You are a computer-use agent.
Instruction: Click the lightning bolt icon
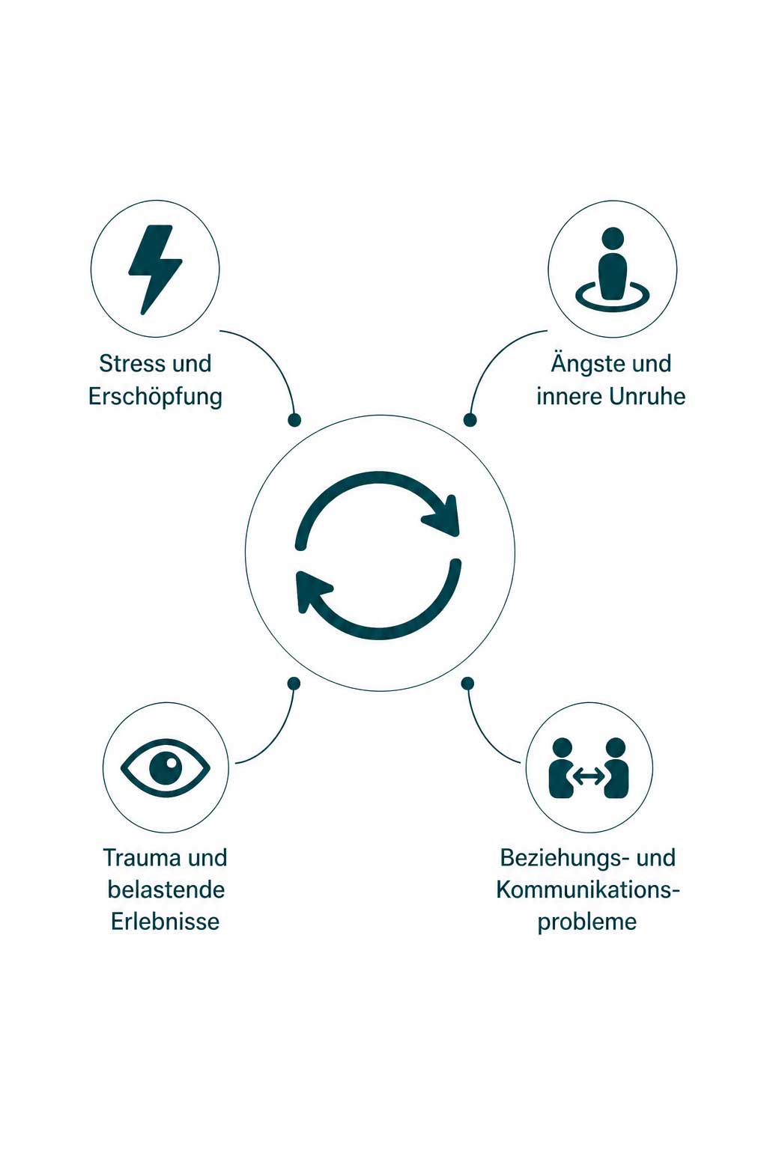[154, 270]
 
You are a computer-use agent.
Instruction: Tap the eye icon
[166, 768]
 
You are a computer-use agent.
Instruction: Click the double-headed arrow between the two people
[589, 776]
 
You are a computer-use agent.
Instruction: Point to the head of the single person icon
[613, 238]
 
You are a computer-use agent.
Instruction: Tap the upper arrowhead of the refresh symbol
[442, 517]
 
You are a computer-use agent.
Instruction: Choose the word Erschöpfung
[155, 397]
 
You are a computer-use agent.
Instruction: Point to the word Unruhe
[648, 396]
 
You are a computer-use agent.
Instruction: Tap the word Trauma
[142, 858]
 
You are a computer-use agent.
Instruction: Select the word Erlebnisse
[166, 922]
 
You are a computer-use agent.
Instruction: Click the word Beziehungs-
[564, 859]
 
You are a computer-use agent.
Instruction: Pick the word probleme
[587, 922]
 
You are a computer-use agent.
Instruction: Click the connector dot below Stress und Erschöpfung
[294, 420]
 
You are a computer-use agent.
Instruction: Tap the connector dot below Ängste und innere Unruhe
[470, 420]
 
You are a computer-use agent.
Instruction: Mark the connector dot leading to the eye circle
[294, 684]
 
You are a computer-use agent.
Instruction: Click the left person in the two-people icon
[561, 768]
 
